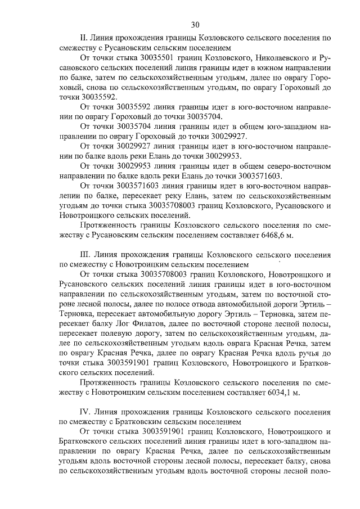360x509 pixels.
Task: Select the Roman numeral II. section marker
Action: [85, 38]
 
